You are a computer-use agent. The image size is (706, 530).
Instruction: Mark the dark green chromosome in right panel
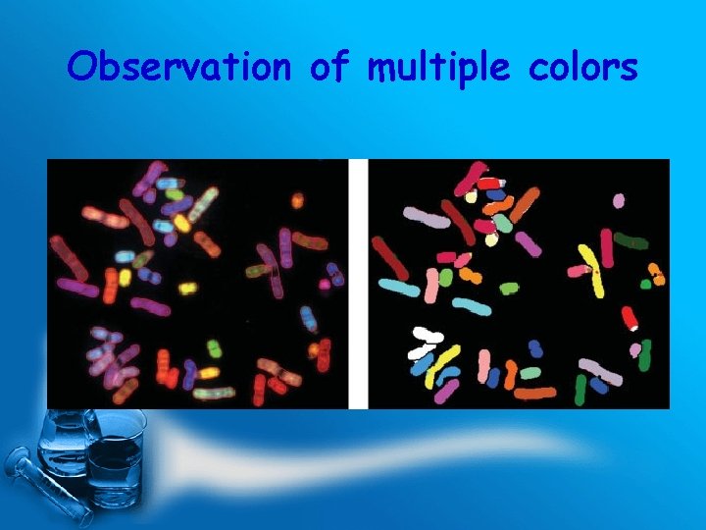631,241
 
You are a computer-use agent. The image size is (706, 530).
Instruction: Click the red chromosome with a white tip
630,319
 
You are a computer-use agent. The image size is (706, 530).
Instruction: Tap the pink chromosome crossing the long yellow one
579,269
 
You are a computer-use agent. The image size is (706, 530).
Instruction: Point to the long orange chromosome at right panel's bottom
534,394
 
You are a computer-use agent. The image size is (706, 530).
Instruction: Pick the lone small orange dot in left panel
296,201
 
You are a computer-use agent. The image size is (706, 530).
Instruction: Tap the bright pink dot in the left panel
325,285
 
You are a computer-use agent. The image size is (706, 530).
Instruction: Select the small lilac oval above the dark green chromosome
618,201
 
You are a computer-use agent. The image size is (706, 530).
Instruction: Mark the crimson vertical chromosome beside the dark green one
607,246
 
